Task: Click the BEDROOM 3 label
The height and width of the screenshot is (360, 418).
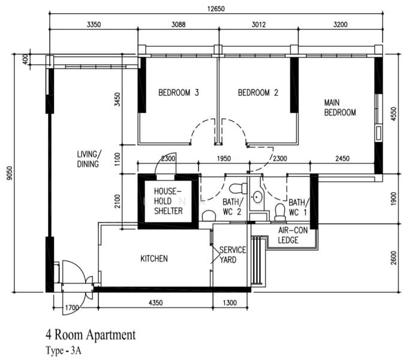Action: [178, 93]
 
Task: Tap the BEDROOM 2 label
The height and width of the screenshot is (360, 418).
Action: [258, 93]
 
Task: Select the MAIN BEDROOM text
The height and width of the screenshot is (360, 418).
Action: [340, 107]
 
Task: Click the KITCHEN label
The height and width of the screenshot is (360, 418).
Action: [154, 259]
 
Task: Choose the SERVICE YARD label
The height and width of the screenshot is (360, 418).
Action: [232, 254]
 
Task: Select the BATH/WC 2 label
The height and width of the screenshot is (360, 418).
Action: [231, 207]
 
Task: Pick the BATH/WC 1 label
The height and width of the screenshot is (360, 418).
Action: [298, 207]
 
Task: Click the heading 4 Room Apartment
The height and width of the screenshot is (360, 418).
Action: [90, 334]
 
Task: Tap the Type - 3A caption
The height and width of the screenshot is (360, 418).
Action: [63, 350]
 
